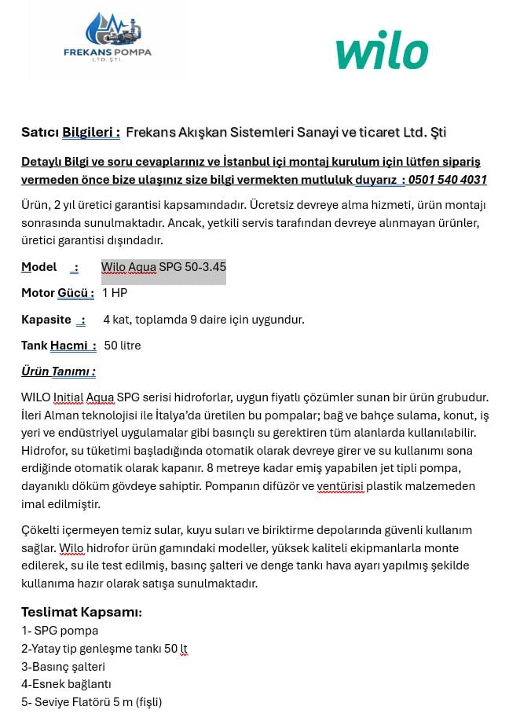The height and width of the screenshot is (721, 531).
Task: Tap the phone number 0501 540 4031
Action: click(x=448, y=180)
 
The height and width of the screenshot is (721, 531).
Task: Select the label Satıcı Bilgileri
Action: click(x=71, y=132)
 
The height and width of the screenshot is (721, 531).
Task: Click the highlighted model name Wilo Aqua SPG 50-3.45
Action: click(x=163, y=267)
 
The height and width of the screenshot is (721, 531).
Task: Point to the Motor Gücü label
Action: click(x=57, y=293)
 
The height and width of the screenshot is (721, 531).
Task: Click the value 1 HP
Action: click(x=115, y=293)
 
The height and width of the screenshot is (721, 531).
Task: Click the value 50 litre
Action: click(x=123, y=346)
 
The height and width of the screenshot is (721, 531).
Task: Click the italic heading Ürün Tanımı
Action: click(x=58, y=371)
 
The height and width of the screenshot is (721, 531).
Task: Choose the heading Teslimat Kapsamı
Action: click(x=81, y=613)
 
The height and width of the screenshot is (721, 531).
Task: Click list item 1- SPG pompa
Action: click(x=60, y=631)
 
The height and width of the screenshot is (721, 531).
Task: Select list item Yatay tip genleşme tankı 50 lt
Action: click(x=104, y=649)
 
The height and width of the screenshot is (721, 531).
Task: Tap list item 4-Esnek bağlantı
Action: click(x=66, y=684)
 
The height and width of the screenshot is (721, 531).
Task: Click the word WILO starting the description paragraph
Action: click(x=35, y=397)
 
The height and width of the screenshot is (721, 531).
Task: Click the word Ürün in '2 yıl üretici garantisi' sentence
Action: click(x=35, y=205)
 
